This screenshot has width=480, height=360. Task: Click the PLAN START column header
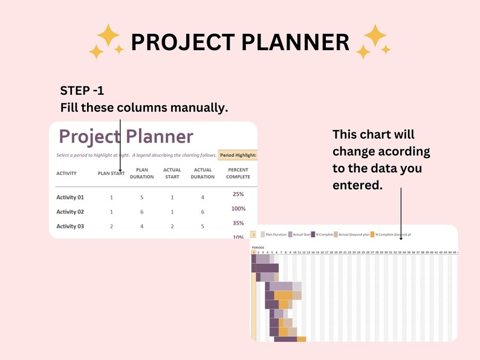point(111,173)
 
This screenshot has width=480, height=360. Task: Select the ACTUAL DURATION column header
point(203,173)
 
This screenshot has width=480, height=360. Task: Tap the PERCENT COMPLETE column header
point(238,173)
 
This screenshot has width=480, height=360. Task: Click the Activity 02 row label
point(70,212)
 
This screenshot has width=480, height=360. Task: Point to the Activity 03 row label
point(70,227)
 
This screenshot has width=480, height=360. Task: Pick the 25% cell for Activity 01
point(238,194)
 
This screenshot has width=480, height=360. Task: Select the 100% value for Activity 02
point(238,208)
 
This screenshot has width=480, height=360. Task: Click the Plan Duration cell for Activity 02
point(141,212)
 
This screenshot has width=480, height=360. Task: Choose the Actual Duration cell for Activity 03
point(203,227)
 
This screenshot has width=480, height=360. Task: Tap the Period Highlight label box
point(238,155)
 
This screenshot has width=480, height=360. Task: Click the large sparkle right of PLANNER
point(374,36)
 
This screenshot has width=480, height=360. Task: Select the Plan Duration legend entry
point(276,234)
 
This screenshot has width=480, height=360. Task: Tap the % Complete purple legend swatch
point(313,234)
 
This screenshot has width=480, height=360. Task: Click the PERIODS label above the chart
point(258,248)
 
